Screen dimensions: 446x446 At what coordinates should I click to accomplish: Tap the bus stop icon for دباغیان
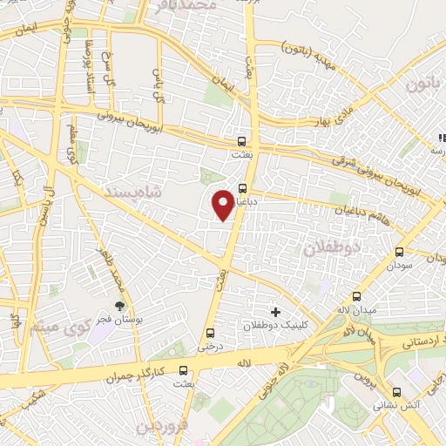242,187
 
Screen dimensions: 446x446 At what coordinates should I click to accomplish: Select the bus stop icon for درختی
209,332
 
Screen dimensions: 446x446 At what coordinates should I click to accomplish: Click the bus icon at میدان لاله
357,296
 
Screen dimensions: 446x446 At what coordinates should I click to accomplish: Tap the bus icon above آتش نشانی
397,392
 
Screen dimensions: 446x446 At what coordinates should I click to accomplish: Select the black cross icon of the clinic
276,310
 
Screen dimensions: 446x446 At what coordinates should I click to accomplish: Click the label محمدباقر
184,6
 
